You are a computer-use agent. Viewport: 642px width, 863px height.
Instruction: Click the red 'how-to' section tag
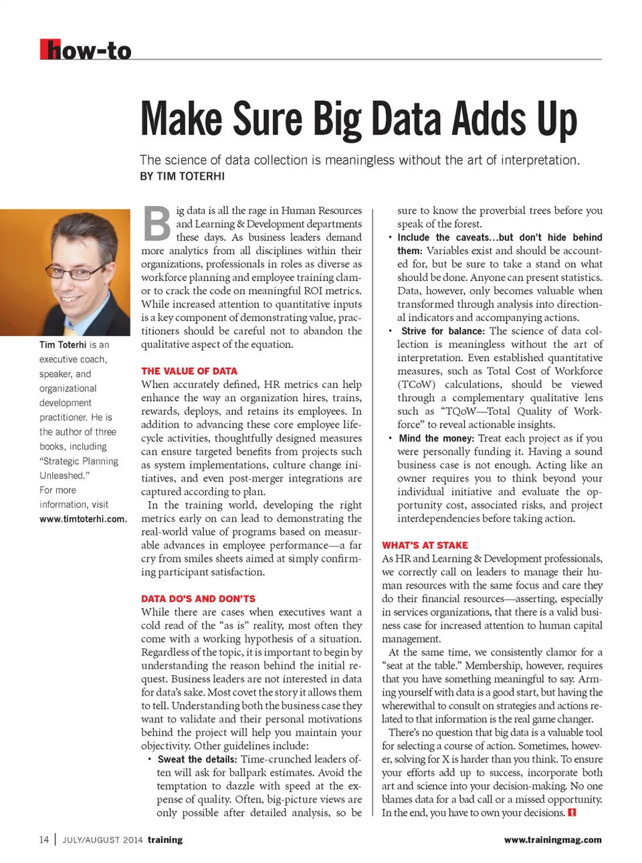pos(86,50)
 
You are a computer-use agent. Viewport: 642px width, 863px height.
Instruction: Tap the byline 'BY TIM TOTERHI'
pos(182,177)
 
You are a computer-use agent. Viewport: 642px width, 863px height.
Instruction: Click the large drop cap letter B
pos(157,225)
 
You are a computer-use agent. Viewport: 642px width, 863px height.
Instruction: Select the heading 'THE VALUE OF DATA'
pos(189,371)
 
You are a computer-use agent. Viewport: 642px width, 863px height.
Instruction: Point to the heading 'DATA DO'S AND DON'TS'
pos(198,599)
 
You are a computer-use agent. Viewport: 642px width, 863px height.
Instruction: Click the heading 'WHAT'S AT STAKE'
pos(425,545)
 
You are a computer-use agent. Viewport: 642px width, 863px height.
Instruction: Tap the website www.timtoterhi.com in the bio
pos(83,519)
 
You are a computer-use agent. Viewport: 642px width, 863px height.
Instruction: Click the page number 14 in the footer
pos(44,840)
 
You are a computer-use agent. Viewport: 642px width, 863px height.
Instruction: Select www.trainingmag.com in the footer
pos(552,840)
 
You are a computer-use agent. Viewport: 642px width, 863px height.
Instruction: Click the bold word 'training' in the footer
pos(165,840)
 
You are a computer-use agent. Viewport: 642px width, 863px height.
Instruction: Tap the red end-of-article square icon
pos(572,813)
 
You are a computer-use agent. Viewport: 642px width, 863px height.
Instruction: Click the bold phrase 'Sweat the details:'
pos(197,759)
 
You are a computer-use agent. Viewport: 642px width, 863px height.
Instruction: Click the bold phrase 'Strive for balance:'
pos(443,331)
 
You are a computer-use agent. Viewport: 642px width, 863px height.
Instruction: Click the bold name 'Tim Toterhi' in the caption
pos(63,345)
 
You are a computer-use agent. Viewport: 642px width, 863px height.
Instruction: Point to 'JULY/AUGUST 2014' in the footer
pos(102,840)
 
